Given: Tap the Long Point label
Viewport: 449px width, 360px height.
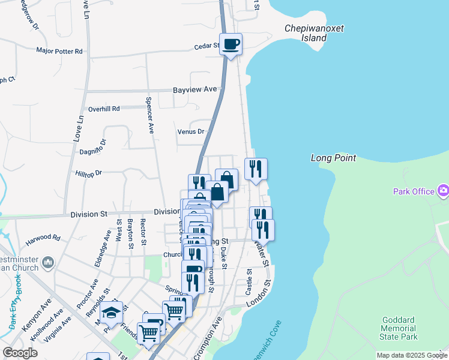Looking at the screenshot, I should point(334,158).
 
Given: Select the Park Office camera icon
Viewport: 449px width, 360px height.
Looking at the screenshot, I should point(444,191).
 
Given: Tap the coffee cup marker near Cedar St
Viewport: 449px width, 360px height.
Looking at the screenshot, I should point(231,44).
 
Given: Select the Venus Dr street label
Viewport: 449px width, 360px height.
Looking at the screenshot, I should point(191,131).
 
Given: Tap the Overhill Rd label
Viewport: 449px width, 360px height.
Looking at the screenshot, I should point(104,109).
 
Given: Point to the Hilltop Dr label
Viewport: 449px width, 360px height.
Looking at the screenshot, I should point(89,173).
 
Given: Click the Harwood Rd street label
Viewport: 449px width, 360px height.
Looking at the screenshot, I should point(44,238).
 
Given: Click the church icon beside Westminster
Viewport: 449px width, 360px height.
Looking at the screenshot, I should point(49,262).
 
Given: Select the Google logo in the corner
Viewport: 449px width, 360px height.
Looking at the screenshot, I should point(20,353).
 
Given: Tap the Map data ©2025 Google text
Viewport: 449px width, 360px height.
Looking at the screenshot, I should point(411,355).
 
